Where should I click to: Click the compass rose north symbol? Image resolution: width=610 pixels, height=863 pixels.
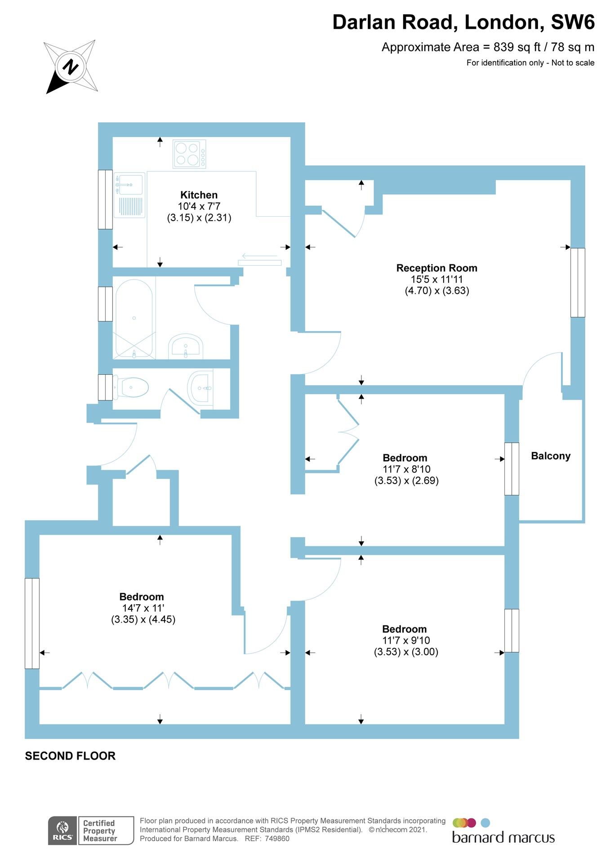pos(70,67)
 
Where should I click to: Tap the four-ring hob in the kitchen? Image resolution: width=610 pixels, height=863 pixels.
pos(189,154)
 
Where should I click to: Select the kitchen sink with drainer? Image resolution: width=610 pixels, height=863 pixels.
pos(129,195)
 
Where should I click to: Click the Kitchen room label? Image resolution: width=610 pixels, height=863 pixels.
pos(199,195)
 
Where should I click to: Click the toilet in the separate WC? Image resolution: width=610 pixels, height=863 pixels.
pos(131,387)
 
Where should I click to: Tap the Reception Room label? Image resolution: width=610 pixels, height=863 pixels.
pos(436,268)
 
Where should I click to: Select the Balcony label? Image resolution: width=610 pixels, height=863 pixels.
pos(550,456)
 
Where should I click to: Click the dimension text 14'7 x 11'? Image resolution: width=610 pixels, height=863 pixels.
pos(143,608)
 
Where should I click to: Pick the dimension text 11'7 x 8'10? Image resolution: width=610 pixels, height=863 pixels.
pos(406,469)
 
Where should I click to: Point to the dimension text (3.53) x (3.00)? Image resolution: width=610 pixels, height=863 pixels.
pos(406,652)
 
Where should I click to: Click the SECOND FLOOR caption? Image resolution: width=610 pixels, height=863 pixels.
pos(70,756)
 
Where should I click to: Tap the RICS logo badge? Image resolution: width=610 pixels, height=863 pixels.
pos(62,830)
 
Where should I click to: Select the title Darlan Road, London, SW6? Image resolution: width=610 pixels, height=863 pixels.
pos(463,22)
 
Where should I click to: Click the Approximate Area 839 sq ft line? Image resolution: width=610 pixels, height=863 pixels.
pos(488,47)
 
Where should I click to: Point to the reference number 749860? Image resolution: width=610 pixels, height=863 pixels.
pos(277,839)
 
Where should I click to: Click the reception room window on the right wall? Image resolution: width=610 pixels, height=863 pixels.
pos(578,282)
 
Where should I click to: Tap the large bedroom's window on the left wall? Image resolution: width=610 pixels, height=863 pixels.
pos(32,623)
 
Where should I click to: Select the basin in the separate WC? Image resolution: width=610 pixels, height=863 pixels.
pos(200,387)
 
